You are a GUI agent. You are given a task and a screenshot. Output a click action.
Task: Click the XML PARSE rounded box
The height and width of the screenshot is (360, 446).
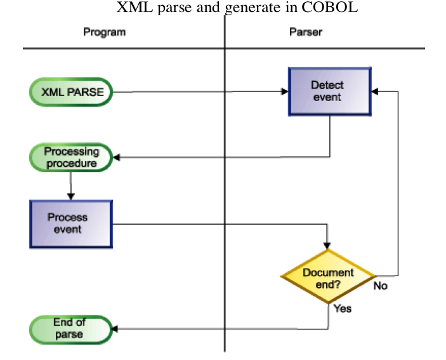coord(71,92)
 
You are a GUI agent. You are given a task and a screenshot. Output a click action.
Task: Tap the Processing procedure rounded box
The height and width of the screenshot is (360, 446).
coord(71,157)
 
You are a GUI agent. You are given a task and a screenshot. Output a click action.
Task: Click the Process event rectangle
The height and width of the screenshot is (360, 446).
coord(71,223)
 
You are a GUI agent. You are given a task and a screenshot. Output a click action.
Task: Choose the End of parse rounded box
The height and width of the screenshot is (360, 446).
coord(71,328)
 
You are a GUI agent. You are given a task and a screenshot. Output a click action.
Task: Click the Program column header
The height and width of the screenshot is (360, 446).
coord(105,32)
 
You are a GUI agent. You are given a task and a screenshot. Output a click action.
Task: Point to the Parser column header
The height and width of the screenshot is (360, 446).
coord(305,32)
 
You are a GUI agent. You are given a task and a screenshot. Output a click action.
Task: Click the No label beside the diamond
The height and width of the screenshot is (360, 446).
coord(380,286)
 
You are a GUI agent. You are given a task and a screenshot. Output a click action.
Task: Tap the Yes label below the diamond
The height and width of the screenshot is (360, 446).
coord(342,309)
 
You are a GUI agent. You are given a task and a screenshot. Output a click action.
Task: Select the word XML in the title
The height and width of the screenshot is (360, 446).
coord(132,8)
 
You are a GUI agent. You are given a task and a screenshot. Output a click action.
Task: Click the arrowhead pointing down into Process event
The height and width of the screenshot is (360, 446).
coord(70,196)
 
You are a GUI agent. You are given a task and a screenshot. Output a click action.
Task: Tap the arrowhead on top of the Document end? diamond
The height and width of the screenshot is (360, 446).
coord(328,245)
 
